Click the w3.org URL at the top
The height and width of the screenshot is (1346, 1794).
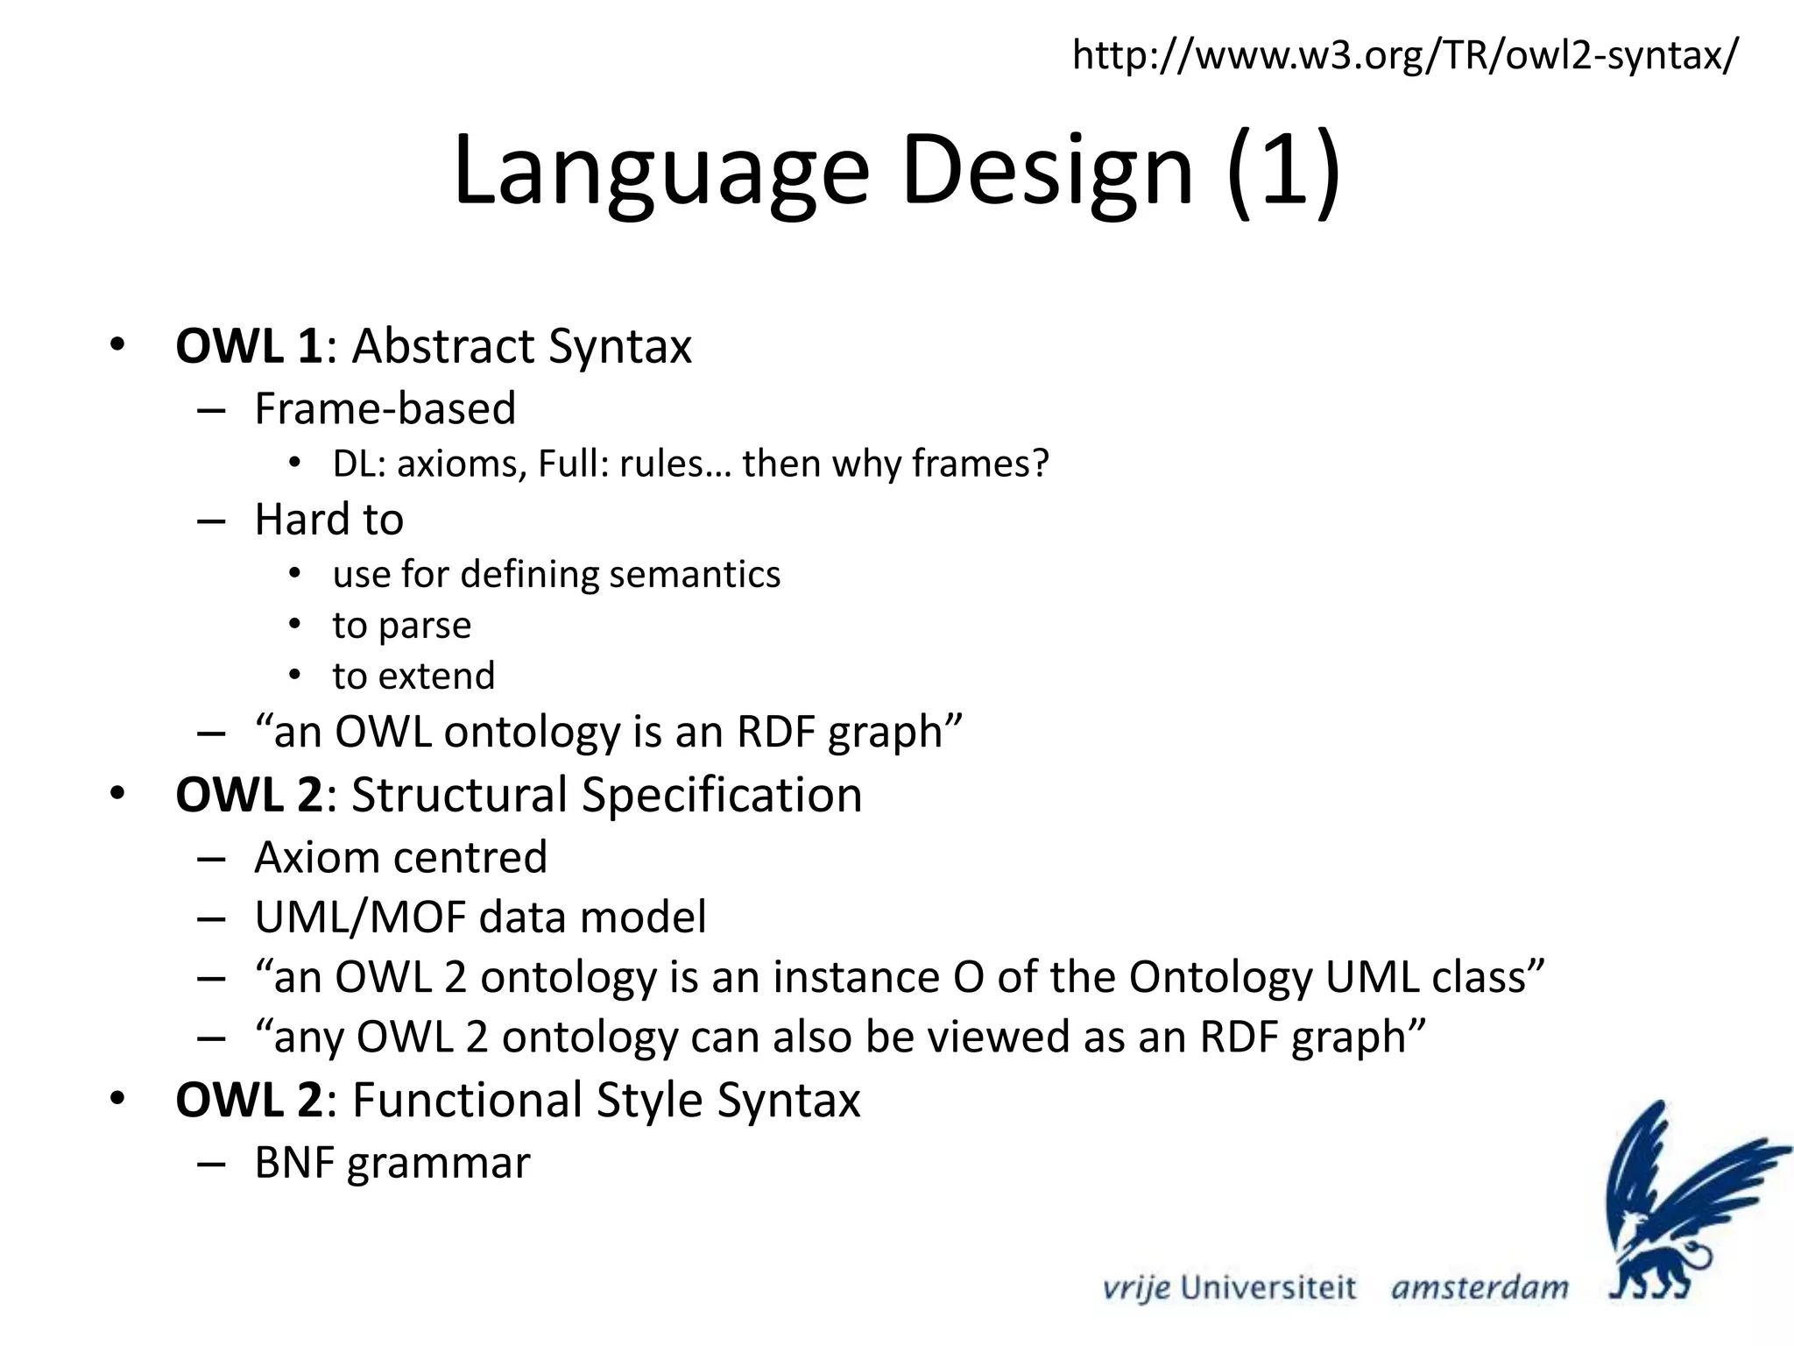[x=1405, y=56]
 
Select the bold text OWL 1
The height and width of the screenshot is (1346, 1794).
[x=250, y=346]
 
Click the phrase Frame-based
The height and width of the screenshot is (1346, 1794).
[x=385, y=408]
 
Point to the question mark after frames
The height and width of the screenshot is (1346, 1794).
[x=1040, y=464]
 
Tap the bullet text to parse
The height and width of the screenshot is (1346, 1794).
[x=402, y=626]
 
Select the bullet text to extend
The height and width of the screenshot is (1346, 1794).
[x=413, y=677]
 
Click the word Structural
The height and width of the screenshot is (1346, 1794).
[x=458, y=796]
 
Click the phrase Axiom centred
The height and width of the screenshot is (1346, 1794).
[x=400, y=857]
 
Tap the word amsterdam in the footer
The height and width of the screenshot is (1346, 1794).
[x=1480, y=1288]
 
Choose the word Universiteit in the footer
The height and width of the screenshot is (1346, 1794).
[x=1268, y=1288]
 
